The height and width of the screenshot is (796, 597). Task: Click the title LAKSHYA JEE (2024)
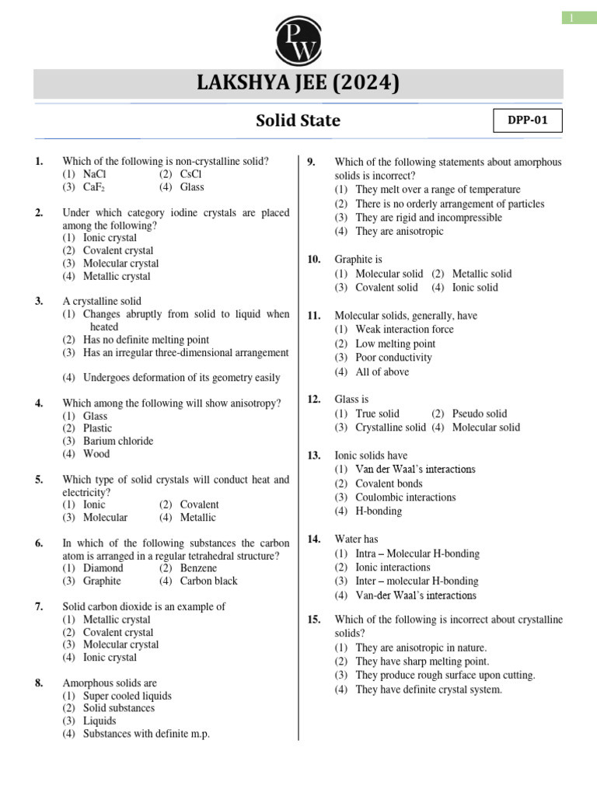click(x=298, y=83)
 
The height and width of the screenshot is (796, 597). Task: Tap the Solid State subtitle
click(x=298, y=120)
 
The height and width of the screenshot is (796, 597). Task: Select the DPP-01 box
click(x=528, y=121)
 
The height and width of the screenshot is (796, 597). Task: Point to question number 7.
click(x=39, y=606)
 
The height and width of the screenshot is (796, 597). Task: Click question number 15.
click(x=314, y=620)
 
